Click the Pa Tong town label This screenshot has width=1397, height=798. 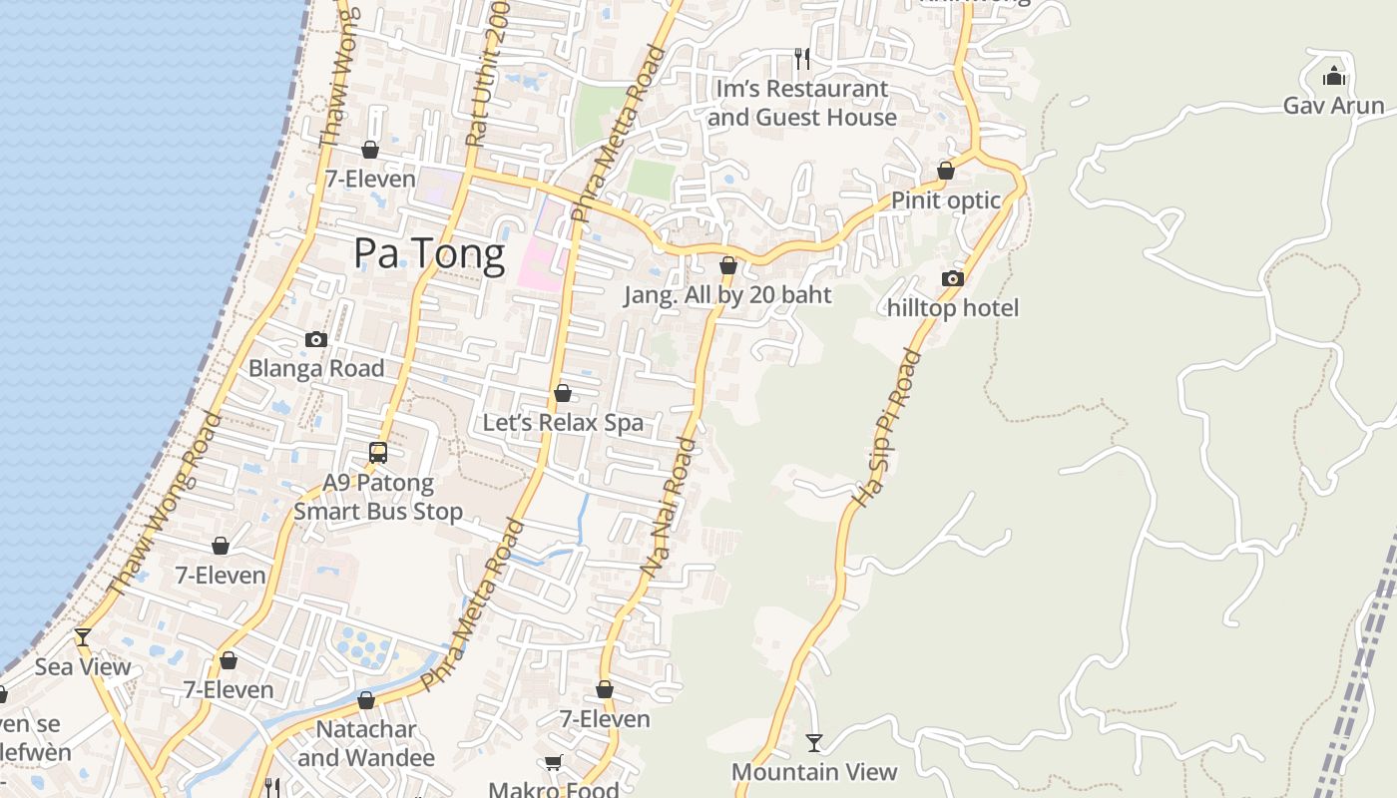(429, 254)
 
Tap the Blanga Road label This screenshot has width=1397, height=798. (316, 368)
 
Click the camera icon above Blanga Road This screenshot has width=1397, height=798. (316, 339)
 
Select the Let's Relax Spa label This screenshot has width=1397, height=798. (563, 422)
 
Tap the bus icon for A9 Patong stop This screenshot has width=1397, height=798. (378, 453)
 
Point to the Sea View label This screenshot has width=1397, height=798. (83, 666)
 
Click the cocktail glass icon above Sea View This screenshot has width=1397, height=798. (83, 636)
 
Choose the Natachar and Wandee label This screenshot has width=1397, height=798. (366, 743)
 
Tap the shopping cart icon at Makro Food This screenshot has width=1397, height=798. (554, 762)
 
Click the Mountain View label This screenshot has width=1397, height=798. (814, 771)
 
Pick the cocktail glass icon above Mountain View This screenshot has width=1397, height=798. (814, 742)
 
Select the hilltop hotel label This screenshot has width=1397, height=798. (953, 307)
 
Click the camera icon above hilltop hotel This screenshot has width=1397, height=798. (953, 278)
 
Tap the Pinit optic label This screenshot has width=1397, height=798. (945, 199)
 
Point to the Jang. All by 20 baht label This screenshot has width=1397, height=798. (727, 295)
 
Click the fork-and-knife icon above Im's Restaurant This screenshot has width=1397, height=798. (801, 59)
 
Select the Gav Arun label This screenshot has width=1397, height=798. (1333, 105)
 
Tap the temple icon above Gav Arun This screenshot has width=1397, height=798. (1333, 76)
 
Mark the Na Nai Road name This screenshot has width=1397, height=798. (667, 507)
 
